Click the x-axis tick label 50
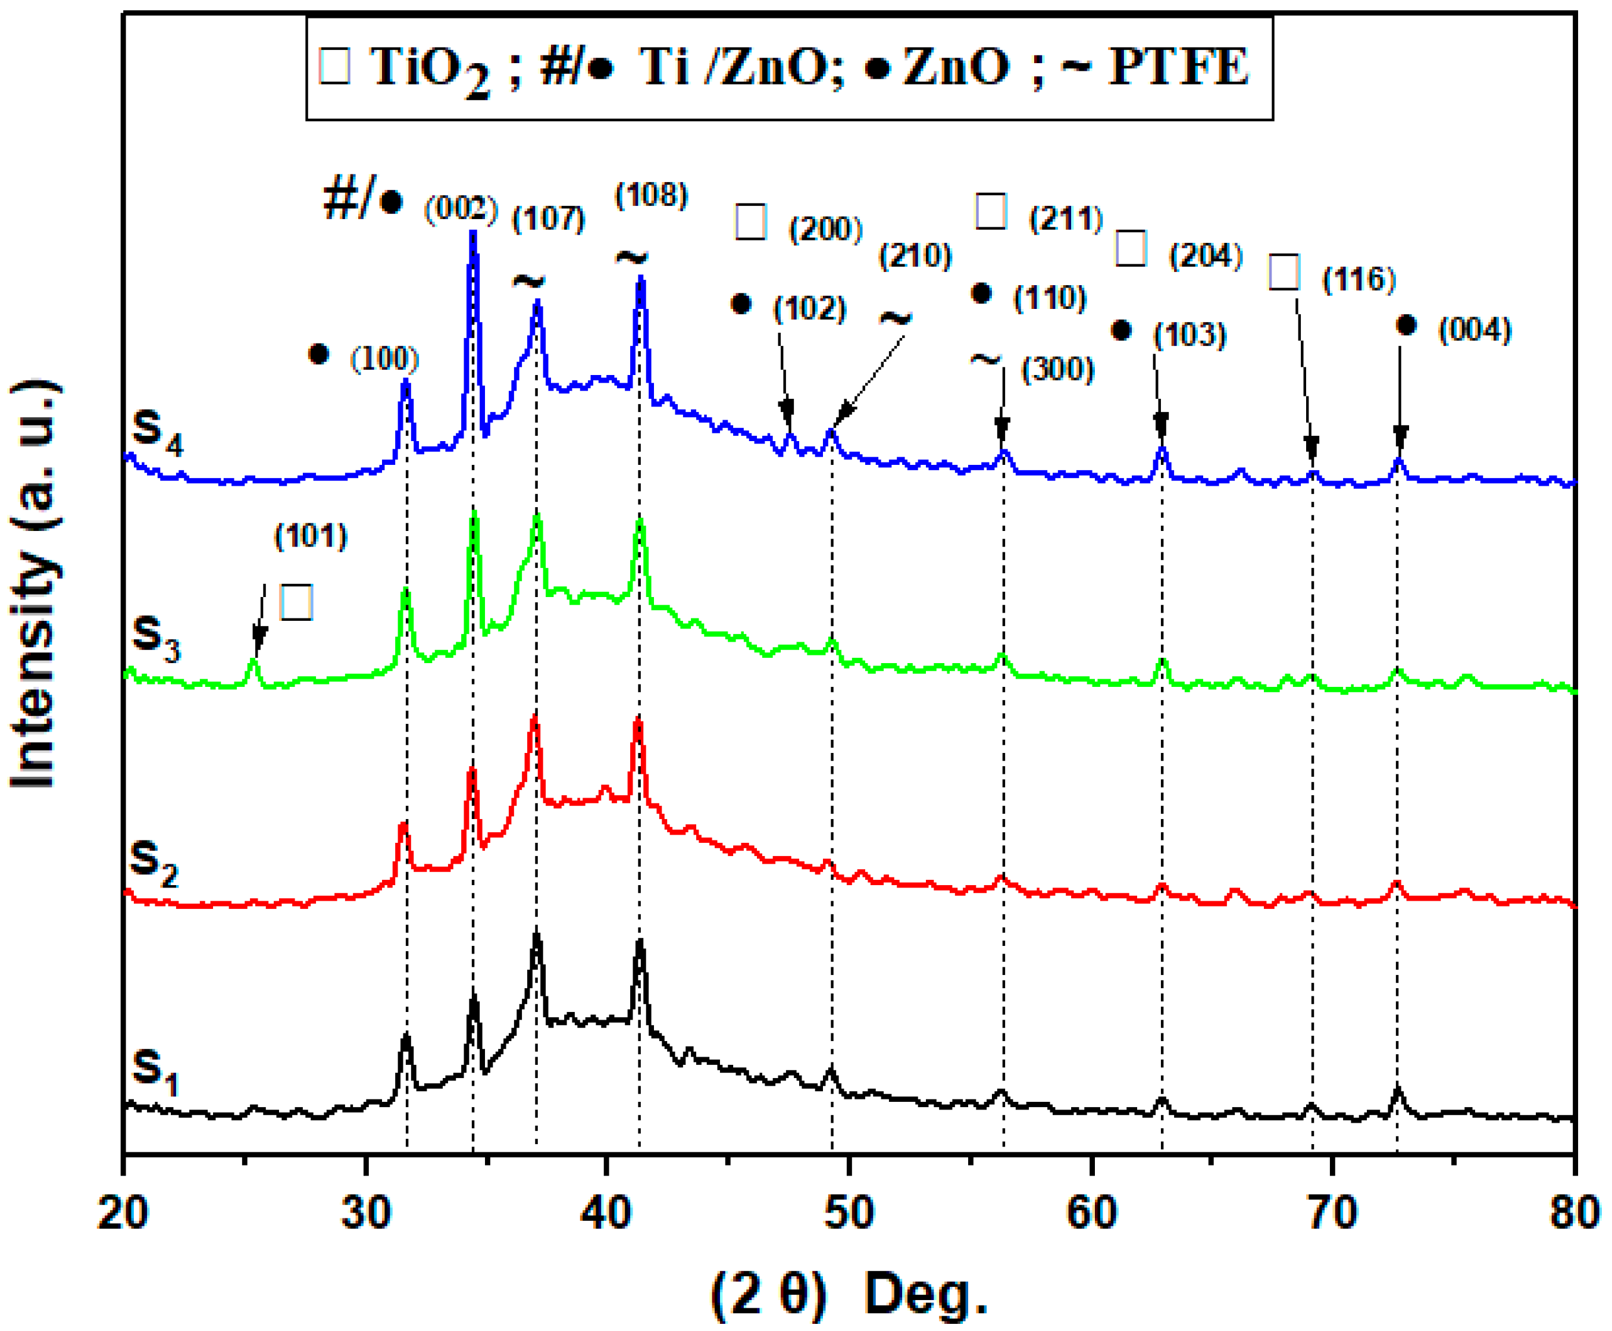click(x=849, y=1213)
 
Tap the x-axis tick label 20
click(x=123, y=1213)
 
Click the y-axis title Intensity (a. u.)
click(x=35, y=583)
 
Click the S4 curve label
click(x=157, y=431)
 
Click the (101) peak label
click(x=311, y=536)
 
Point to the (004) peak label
click(x=1474, y=330)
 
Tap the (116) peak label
click(x=1359, y=279)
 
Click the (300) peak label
click(x=1057, y=370)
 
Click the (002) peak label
click(x=461, y=208)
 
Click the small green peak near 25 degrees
click(x=253, y=663)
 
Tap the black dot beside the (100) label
click(x=318, y=354)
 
